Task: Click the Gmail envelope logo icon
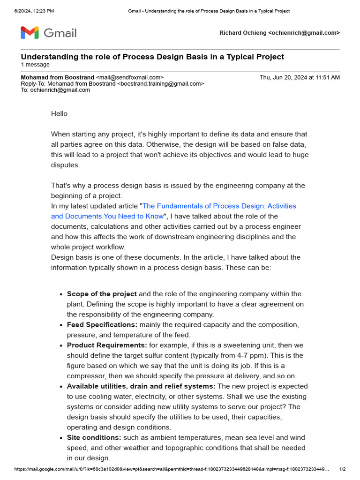click(x=30, y=33)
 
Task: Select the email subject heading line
click(x=152, y=57)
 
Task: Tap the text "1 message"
click(x=35, y=65)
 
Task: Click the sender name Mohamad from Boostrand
click(x=57, y=77)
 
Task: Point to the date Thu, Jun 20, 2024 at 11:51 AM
click(x=300, y=77)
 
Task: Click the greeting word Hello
click(x=59, y=113)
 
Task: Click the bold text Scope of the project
click(x=102, y=294)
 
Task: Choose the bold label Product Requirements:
click(x=107, y=345)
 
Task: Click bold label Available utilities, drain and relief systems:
click(x=141, y=386)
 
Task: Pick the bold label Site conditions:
click(x=94, y=437)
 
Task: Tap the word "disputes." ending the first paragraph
click(x=66, y=165)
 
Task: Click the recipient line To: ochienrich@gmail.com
click(x=55, y=90)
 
